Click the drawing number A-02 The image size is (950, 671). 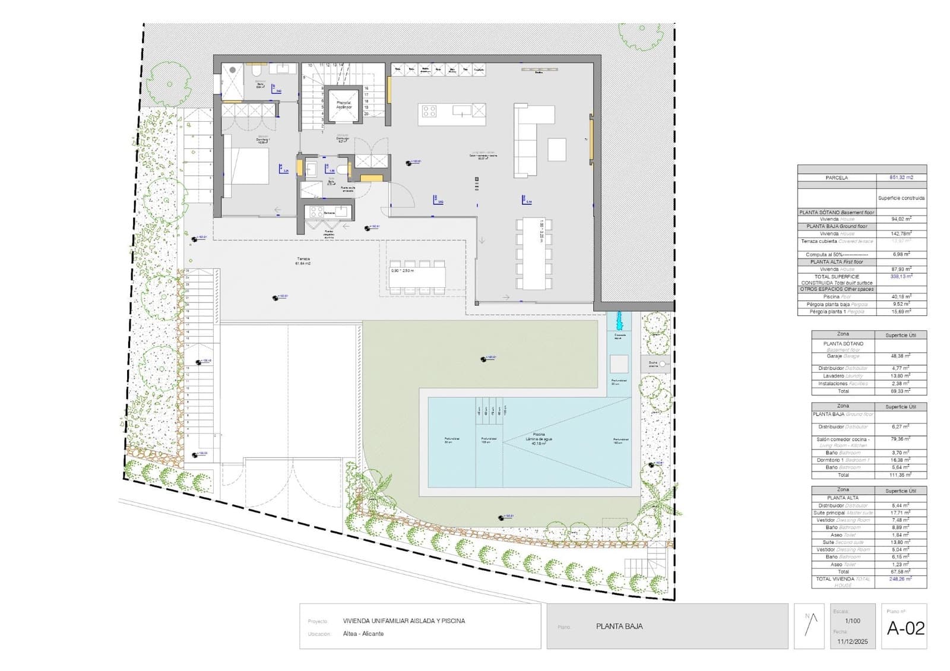(905, 628)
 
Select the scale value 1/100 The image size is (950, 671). (853, 621)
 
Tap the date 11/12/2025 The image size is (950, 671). (853, 641)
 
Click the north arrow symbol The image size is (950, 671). (811, 625)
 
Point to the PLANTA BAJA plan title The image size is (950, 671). (619, 626)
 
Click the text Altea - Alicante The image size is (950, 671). (363, 634)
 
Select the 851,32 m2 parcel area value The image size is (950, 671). (901, 178)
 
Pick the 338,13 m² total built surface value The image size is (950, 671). (901, 276)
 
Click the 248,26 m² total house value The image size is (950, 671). (901, 578)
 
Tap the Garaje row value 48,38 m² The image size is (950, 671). (901, 356)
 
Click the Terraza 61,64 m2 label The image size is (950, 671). (303, 261)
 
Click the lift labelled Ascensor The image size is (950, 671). (344, 105)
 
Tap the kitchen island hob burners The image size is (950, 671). (429, 111)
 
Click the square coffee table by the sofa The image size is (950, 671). (556, 149)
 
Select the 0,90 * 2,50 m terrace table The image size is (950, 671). (417, 277)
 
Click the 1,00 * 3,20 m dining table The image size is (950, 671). (534, 254)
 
